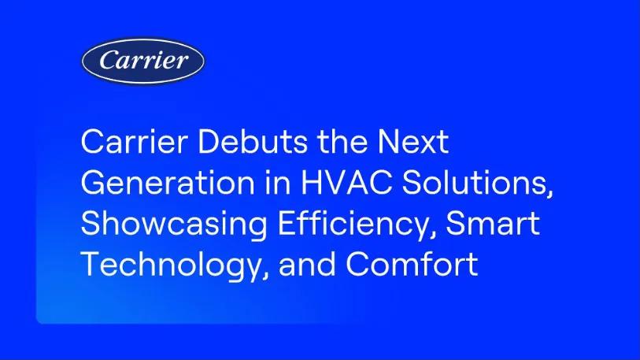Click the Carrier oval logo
pos(143,61)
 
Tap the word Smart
pos(494,225)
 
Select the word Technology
pos(164,265)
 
